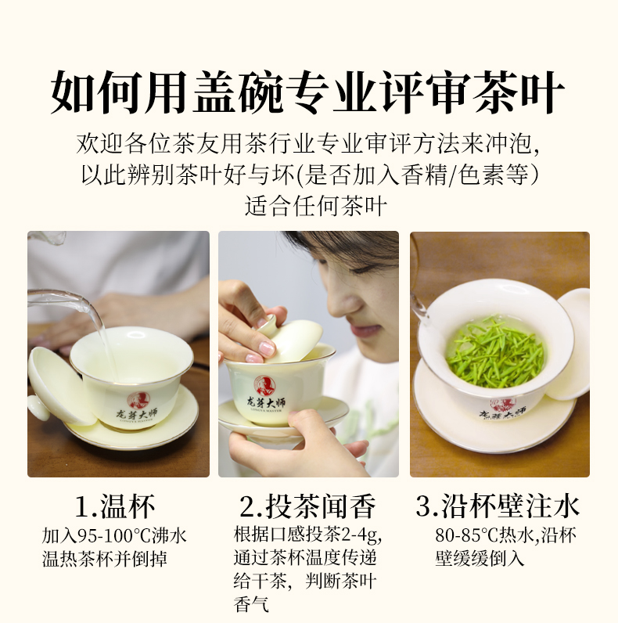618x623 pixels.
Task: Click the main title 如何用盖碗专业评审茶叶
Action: pyautogui.click(x=307, y=92)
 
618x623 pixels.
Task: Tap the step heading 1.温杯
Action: pyautogui.click(x=115, y=506)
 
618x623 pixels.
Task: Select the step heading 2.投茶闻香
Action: pyautogui.click(x=307, y=506)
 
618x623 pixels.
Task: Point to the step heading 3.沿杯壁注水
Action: pyautogui.click(x=498, y=506)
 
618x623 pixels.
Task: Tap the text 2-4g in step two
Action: pyautogui.click(x=361, y=535)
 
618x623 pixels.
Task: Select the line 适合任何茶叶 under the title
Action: pyautogui.click(x=316, y=206)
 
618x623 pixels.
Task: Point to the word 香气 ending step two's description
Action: pyautogui.click(x=251, y=604)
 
